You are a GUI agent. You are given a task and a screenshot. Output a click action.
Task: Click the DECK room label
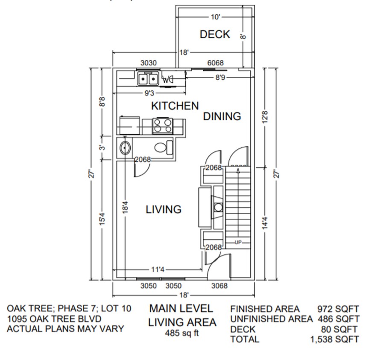[215, 34]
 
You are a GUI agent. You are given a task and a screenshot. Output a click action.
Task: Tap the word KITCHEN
[175, 105]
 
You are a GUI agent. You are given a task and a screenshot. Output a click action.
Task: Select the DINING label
[222, 116]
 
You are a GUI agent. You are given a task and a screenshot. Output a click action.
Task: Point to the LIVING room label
[164, 209]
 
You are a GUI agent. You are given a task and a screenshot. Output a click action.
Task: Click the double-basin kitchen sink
[148, 79]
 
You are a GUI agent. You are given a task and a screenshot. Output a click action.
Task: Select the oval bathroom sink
[125, 148]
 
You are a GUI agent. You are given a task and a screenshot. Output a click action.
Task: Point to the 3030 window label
[148, 63]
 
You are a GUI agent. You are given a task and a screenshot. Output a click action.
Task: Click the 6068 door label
[215, 63]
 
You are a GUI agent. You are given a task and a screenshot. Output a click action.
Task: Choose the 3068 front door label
[220, 286]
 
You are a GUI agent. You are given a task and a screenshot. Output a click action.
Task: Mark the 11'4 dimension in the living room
[158, 269]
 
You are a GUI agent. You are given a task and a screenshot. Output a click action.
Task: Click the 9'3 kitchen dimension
[149, 93]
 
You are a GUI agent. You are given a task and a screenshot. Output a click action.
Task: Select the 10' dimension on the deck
[215, 17]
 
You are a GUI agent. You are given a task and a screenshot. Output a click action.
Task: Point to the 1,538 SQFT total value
[335, 340]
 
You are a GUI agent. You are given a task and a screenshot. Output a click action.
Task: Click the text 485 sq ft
[182, 334]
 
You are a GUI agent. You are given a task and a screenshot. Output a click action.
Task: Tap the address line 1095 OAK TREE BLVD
[54, 319]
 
